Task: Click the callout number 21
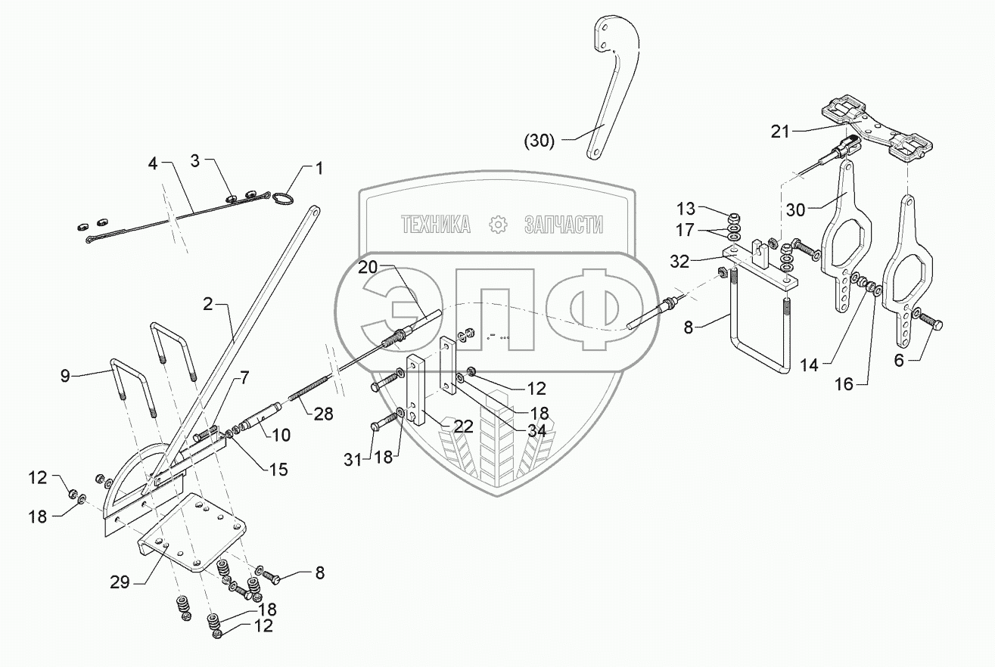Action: click(x=779, y=131)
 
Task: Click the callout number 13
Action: click(x=685, y=208)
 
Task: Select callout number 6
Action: click(x=899, y=361)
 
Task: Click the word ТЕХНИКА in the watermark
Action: click(x=436, y=224)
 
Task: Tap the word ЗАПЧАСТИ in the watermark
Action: click(x=564, y=224)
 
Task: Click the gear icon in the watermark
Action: click(x=497, y=224)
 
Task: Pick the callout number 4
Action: click(x=153, y=164)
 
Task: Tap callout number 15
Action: click(x=278, y=469)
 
